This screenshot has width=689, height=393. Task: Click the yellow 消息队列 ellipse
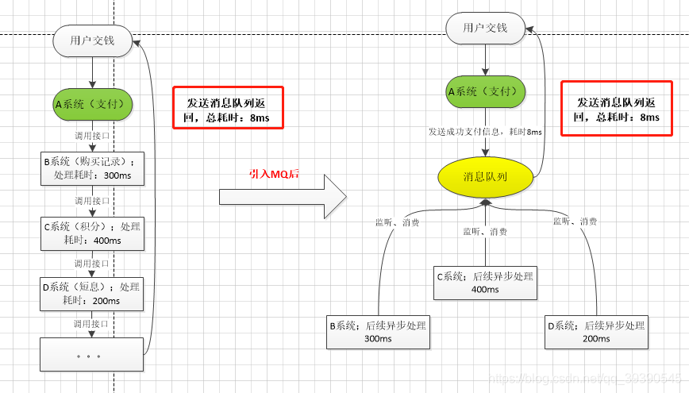click(484, 176)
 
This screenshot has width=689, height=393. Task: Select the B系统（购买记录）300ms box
click(92, 168)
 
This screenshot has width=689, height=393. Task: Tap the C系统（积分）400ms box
click(92, 233)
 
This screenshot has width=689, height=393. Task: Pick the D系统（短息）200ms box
click(92, 293)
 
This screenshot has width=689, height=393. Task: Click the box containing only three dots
click(92, 354)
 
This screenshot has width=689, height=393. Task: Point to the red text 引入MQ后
click(274, 173)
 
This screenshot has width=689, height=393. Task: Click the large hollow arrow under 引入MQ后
click(283, 195)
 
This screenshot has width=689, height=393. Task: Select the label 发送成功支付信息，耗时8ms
click(485, 132)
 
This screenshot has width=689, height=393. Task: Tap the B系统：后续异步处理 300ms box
click(378, 332)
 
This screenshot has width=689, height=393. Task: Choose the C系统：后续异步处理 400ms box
click(484, 283)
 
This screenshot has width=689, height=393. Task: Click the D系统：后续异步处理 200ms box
click(596, 332)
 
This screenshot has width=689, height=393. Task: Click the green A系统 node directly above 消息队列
click(485, 91)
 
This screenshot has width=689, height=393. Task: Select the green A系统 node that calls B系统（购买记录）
click(93, 103)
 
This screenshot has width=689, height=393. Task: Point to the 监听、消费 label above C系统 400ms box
click(486, 232)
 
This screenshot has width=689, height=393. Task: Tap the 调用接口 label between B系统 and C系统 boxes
click(93, 200)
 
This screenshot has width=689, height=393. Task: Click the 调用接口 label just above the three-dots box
click(93, 323)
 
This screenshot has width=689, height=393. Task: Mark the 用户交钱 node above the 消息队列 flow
click(485, 28)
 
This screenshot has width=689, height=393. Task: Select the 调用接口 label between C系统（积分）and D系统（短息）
click(93, 263)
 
